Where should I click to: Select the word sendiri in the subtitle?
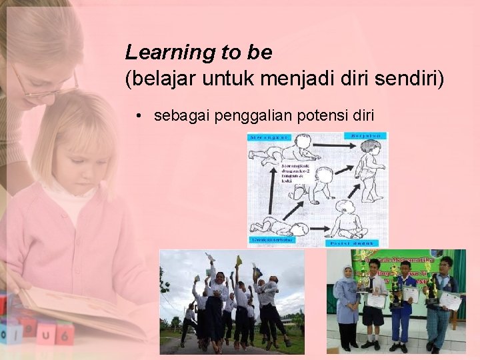click(x=410, y=79)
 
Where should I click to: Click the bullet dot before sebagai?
click(x=137, y=116)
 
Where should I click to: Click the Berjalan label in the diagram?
click(x=365, y=136)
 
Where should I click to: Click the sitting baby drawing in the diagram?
click(x=347, y=220)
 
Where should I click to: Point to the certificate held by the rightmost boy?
click(x=451, y=302)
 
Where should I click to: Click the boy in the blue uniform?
click(x=404, y=307)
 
